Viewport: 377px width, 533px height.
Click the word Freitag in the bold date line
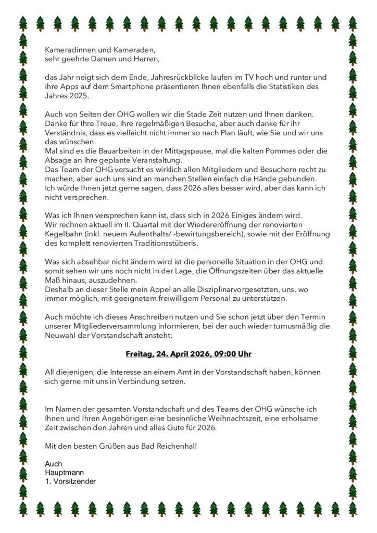click(x=140, y=354)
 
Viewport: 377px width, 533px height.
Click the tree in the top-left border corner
click(x=23, y=23)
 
